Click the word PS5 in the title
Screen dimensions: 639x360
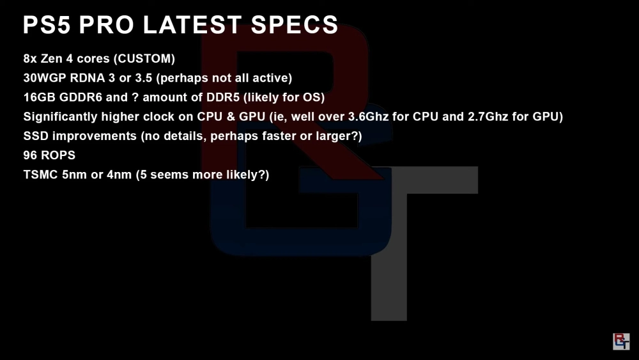(47, 25)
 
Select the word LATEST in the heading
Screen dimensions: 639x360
(192, 25)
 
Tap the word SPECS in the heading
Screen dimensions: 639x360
(294, 25)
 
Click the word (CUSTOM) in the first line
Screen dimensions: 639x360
(144, 59)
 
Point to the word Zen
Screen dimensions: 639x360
(51, 59)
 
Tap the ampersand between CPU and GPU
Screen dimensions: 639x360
(231, 116)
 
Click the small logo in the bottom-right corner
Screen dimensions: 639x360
(621, 341)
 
